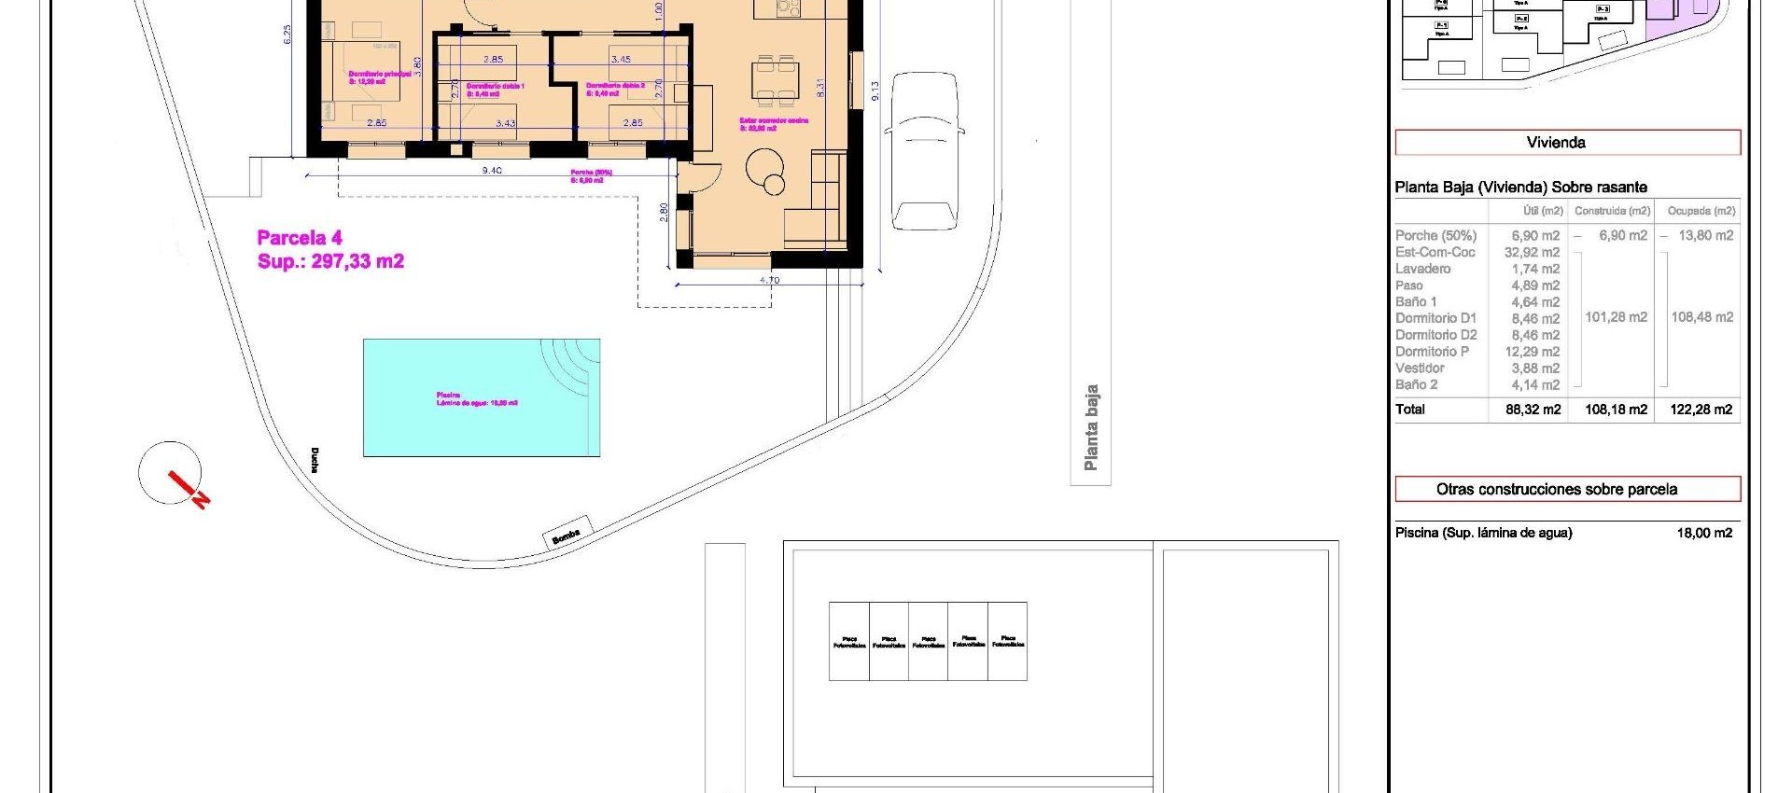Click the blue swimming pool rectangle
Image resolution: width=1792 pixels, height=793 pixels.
tap(481, 397)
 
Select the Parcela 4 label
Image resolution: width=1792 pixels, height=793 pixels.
tap(300, 238)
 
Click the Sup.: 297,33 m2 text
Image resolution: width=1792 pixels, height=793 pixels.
tap(330, 261)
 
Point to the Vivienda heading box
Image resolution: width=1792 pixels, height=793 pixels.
tap(1567, 143)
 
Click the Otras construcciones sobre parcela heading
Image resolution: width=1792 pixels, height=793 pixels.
tap(1567, 489)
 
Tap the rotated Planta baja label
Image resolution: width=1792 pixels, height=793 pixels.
tap(1090, 428)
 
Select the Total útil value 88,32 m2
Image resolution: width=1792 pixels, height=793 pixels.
tap(1533, 410)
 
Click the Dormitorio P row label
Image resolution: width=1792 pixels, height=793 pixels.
tap(1432, 352)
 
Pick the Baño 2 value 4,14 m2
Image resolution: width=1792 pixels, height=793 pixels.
tap(1535, 384)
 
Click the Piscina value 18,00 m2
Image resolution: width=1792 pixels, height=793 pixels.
tap(1704, 533)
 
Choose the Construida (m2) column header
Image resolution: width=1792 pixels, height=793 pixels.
tap(1612, 211)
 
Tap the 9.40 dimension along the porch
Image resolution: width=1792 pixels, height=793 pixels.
tap(492, 171)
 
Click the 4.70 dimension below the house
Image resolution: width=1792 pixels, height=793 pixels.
tap(769, 280)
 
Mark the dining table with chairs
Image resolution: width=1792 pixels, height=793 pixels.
tap(777, 81)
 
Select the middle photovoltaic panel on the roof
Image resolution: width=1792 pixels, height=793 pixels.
tap(928, 641)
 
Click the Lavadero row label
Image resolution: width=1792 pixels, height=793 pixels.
tap(1422, 269)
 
